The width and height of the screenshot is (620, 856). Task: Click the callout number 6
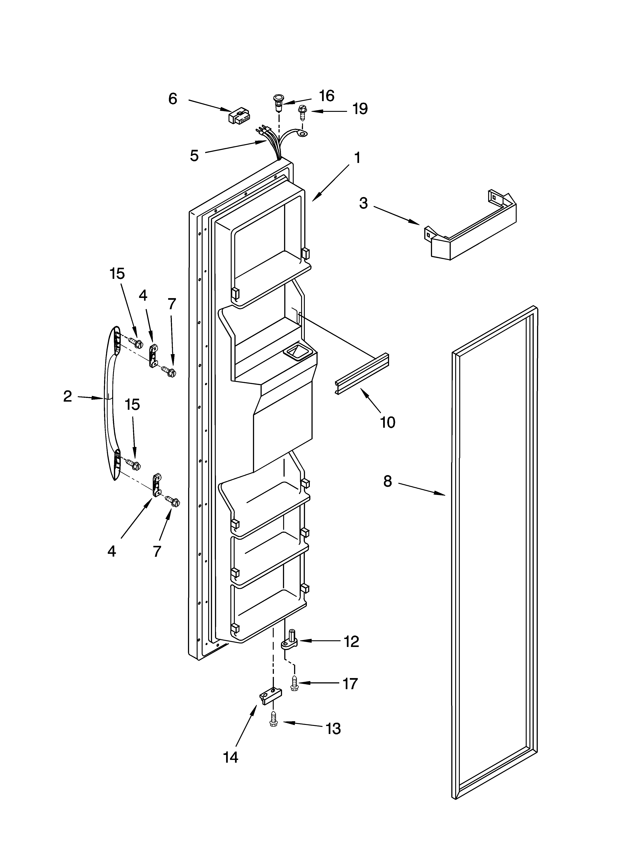173,99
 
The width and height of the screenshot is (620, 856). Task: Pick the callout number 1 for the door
357,158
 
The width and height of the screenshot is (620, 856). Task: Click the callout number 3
363,203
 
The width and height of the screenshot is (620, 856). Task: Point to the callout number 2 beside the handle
67,396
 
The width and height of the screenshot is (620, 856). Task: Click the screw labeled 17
294,683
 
